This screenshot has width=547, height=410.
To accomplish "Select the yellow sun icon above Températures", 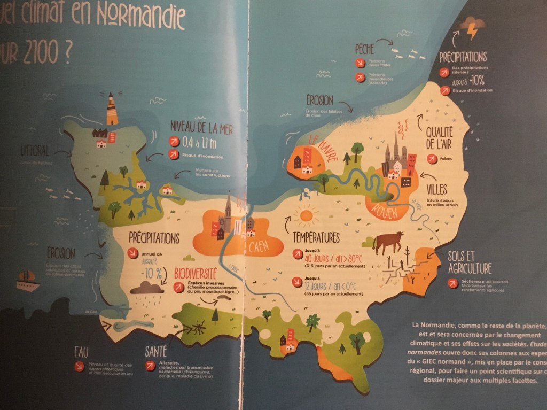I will pos(306,215).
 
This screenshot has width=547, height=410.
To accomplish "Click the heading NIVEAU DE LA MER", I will pos(201,127).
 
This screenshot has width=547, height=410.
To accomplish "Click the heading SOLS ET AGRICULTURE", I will pos(470,262).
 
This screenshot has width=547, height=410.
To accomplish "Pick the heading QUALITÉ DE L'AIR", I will pos(440,137).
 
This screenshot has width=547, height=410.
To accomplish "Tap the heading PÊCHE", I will pos(364,49).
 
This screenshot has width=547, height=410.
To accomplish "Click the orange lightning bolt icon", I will pos(473,32).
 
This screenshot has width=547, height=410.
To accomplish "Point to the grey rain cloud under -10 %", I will pos(146,289).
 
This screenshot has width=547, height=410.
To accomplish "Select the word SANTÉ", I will pos(156,351).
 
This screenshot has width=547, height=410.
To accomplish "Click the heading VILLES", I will pos(437,189).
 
